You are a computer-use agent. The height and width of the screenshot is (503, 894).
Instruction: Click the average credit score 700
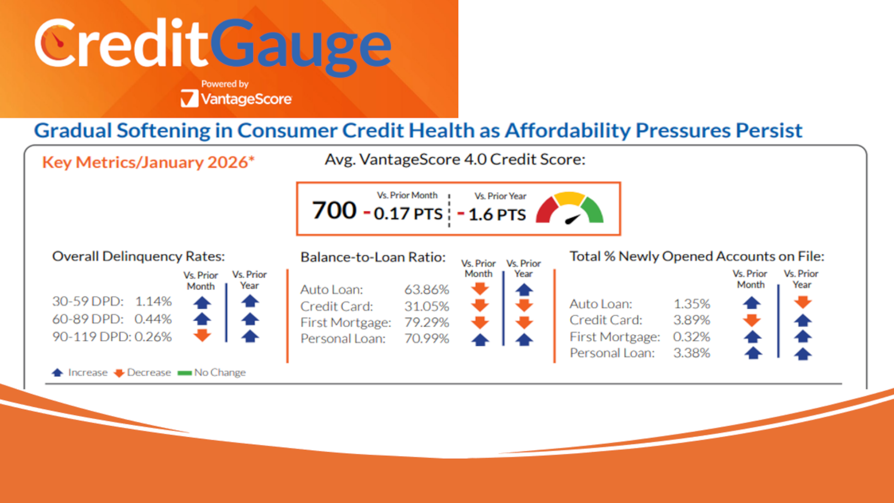334,210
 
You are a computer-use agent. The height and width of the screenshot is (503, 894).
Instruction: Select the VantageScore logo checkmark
189,98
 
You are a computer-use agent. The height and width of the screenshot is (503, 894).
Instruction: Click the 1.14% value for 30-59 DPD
153,301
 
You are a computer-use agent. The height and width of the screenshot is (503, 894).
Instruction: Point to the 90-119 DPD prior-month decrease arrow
202,336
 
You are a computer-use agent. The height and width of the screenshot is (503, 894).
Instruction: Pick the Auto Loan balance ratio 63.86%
426,290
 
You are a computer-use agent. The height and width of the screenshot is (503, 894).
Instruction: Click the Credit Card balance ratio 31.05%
426,306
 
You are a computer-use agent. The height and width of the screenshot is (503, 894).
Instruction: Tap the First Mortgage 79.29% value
426,322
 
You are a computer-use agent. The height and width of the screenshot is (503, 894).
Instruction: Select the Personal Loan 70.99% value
426,338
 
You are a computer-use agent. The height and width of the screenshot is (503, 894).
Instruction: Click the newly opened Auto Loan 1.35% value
691,304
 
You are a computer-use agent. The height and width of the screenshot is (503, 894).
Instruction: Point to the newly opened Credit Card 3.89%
691,320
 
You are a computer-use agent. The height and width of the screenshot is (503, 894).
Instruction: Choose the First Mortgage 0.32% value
691,337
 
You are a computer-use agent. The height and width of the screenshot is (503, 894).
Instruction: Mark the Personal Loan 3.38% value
691,353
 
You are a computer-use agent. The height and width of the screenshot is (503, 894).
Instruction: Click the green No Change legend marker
185,373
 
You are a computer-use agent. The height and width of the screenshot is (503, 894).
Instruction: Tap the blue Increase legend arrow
58,373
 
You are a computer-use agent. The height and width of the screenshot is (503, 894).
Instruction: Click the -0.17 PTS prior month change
403,213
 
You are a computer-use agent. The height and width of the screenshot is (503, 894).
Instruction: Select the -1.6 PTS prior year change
492,214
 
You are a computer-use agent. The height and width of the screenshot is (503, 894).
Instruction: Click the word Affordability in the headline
567,130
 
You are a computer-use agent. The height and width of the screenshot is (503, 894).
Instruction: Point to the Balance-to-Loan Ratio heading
373,257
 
